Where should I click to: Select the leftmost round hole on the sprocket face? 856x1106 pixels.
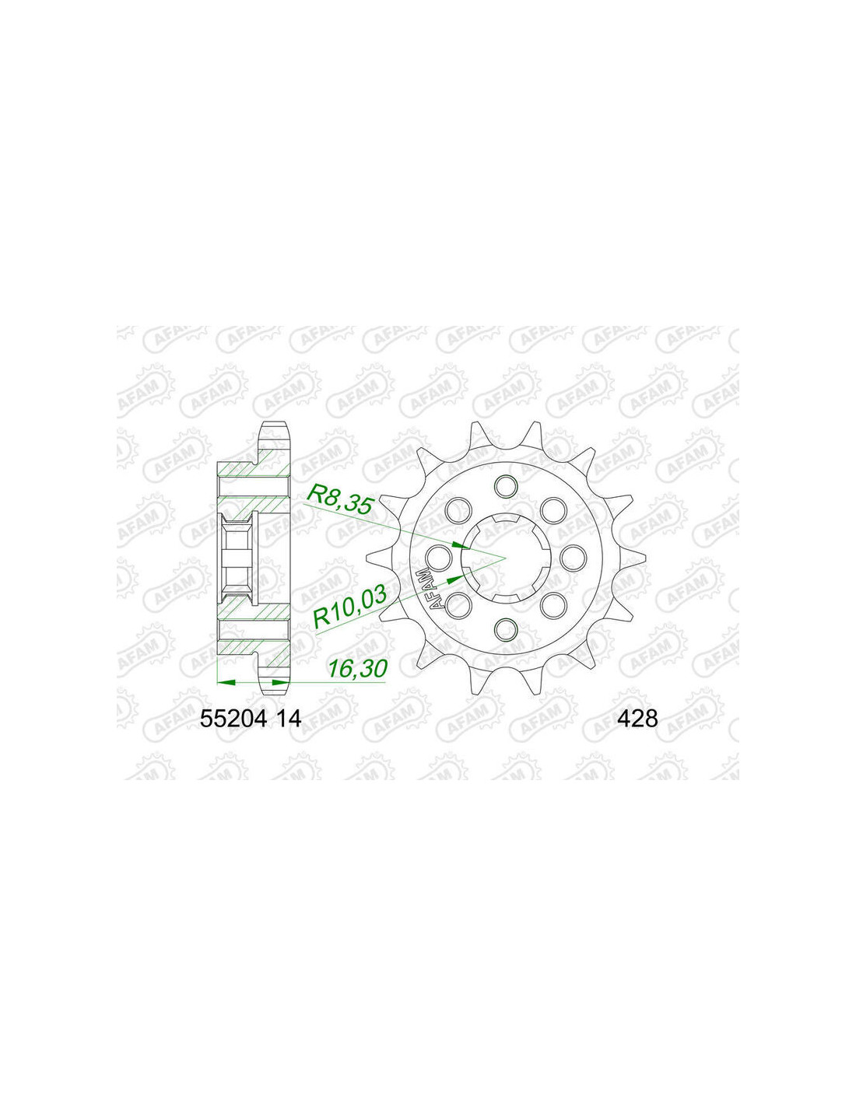(440, 557)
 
